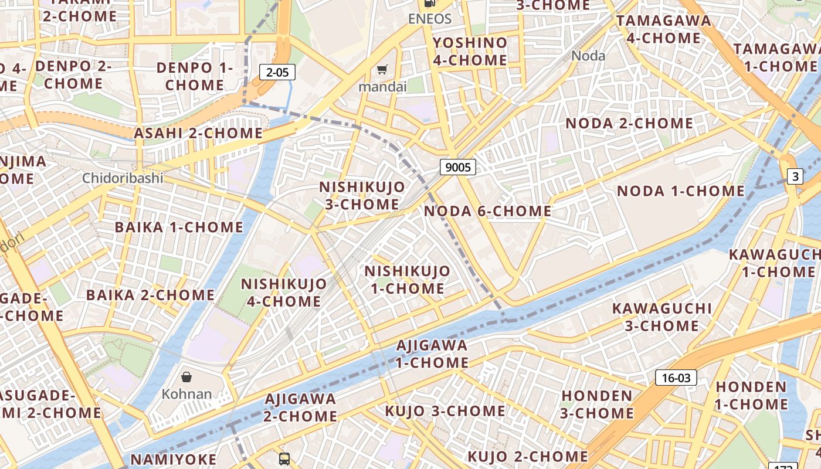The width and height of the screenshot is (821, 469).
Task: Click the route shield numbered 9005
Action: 458,167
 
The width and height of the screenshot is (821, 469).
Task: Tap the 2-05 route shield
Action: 277,72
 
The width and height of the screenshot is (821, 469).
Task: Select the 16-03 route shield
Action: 676,378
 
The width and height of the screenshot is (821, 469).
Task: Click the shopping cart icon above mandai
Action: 382,70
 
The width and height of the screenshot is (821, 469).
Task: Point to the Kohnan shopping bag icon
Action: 186,376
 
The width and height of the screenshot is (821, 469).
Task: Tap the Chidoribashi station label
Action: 123,178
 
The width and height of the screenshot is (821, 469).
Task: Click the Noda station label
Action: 588,56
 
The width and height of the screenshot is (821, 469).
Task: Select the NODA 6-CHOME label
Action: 487,211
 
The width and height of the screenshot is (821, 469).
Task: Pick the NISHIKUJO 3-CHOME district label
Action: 362,195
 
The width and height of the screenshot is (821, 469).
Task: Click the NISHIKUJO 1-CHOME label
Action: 407,280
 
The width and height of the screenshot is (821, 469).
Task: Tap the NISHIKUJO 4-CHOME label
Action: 284,293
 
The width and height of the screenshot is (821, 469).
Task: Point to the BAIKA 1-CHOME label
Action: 179,227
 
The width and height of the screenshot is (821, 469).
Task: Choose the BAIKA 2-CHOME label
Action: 150,295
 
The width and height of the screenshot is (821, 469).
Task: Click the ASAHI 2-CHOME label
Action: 198,133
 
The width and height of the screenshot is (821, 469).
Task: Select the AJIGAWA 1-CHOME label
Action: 432,354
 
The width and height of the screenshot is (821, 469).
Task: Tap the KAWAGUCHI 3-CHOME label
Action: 661,317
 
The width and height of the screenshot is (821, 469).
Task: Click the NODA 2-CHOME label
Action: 629,124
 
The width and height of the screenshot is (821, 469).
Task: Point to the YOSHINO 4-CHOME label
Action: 470,51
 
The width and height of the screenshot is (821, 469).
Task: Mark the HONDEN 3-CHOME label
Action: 596,404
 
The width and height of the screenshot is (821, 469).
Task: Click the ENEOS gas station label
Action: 430,19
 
